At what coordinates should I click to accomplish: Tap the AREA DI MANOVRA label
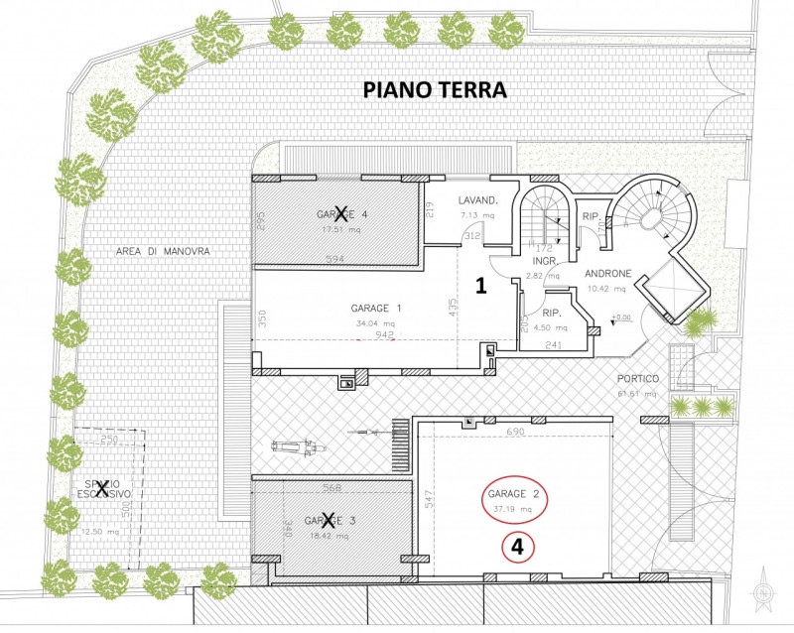148,252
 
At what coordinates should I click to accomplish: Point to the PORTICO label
624,378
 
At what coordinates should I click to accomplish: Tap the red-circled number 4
516,545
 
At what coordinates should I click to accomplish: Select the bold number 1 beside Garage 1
479,287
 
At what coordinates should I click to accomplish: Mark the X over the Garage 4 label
342,212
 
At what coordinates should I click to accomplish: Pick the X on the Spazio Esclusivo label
100,485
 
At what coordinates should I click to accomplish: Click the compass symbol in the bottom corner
763,593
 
